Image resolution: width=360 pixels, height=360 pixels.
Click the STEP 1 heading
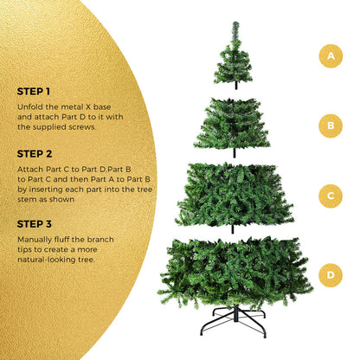pos(34,90)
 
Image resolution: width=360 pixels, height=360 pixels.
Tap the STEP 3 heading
pos(35,223)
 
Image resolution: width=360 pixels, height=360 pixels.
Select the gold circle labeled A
pos(329,56)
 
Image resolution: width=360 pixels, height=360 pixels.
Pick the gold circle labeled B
pos(329,125)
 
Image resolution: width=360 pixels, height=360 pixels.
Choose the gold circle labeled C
pos(329,196)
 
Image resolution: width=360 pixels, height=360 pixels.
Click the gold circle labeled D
pos(329,276)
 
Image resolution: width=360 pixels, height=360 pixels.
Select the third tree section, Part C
pos(234,195)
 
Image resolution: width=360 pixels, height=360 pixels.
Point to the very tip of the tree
pos(235,24)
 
